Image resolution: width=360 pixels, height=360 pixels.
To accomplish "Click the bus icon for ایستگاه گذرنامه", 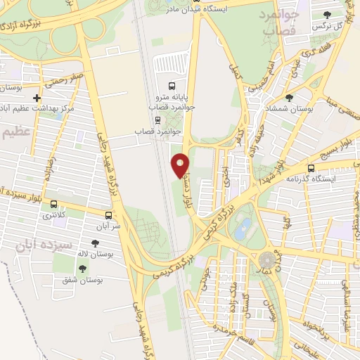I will coord(311,168).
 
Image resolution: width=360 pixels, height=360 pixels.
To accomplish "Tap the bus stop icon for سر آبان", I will coord(108,215).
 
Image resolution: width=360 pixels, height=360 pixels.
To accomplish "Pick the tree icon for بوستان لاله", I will coord(95,243).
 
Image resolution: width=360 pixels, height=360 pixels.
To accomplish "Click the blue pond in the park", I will coord(244,227).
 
